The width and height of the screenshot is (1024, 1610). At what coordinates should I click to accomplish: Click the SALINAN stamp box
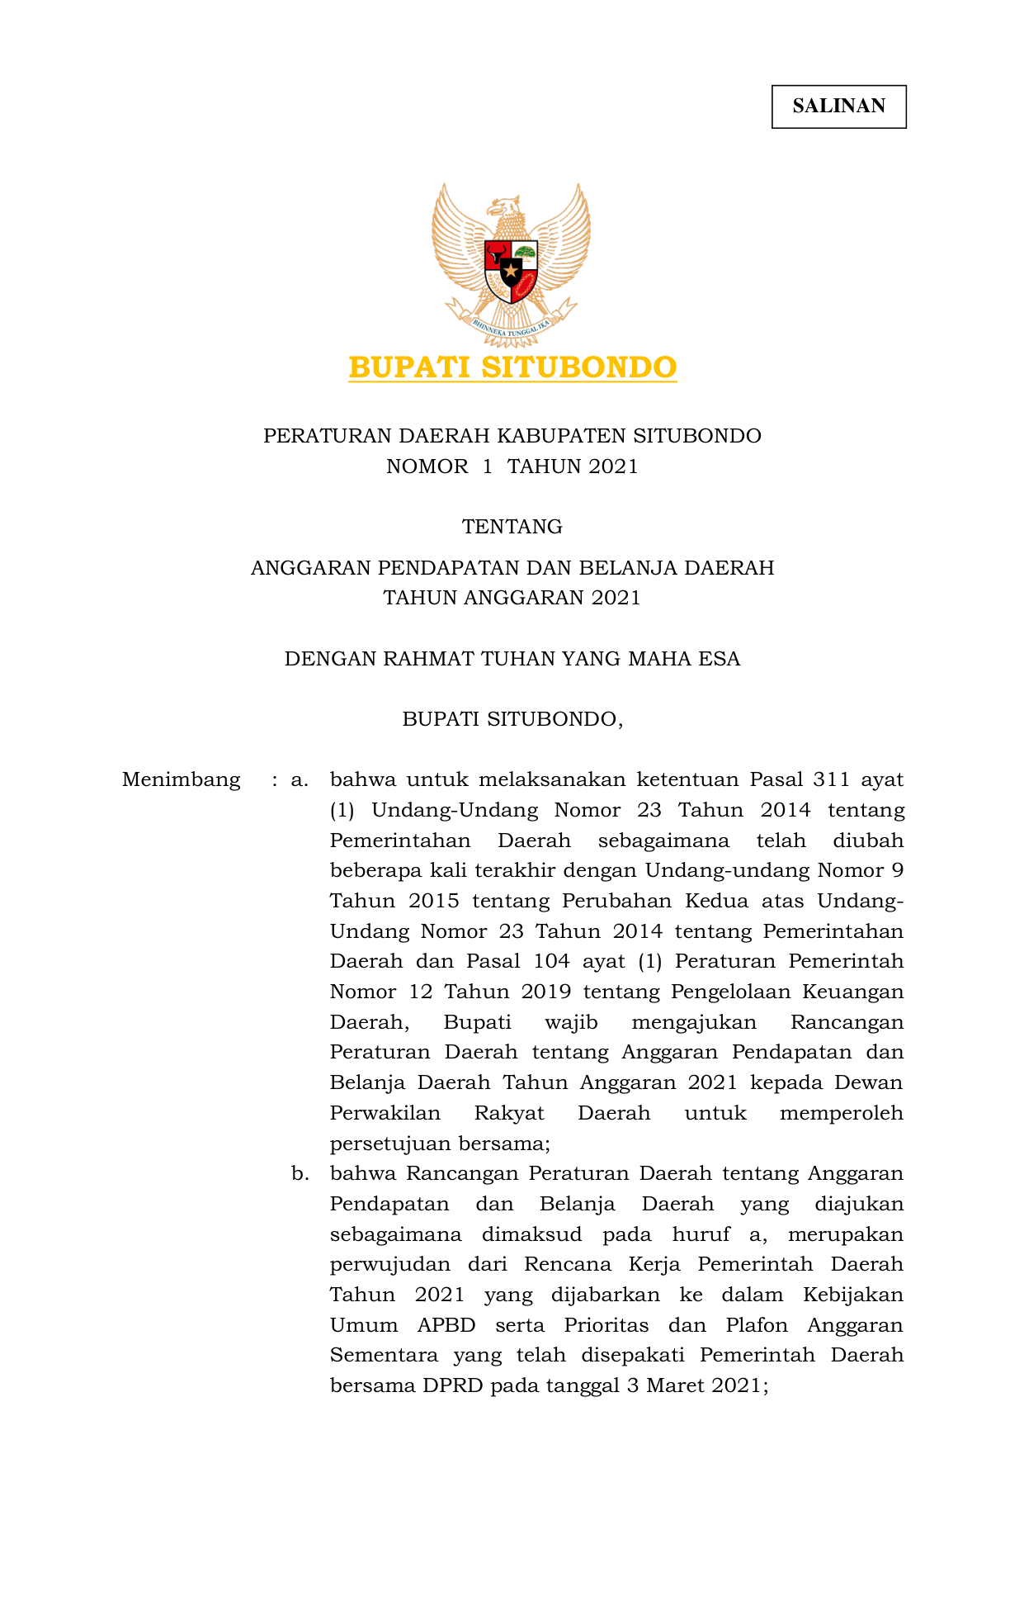click(838, 107)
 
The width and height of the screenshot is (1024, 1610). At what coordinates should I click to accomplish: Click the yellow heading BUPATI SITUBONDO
click(512, 367)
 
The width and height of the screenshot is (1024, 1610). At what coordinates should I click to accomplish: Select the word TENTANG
click(512, 527)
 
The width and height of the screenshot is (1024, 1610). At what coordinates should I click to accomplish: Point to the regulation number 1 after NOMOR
click(488, 466)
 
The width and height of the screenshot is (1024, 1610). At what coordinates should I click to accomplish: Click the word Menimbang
click(181, 779)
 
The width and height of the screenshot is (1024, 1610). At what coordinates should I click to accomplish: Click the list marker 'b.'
click(300, 1173)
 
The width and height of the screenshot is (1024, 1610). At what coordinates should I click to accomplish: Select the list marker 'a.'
click(300, 779)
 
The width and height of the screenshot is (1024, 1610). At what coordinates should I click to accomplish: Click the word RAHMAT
click(432, 659)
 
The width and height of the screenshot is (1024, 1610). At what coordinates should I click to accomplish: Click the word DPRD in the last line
click(453, 1385)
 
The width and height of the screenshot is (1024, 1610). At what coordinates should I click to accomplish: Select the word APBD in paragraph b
click(446, 1325)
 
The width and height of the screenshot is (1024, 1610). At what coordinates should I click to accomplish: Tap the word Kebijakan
click(853, 1295)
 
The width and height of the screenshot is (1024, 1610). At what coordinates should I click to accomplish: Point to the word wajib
click(571, 1022)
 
